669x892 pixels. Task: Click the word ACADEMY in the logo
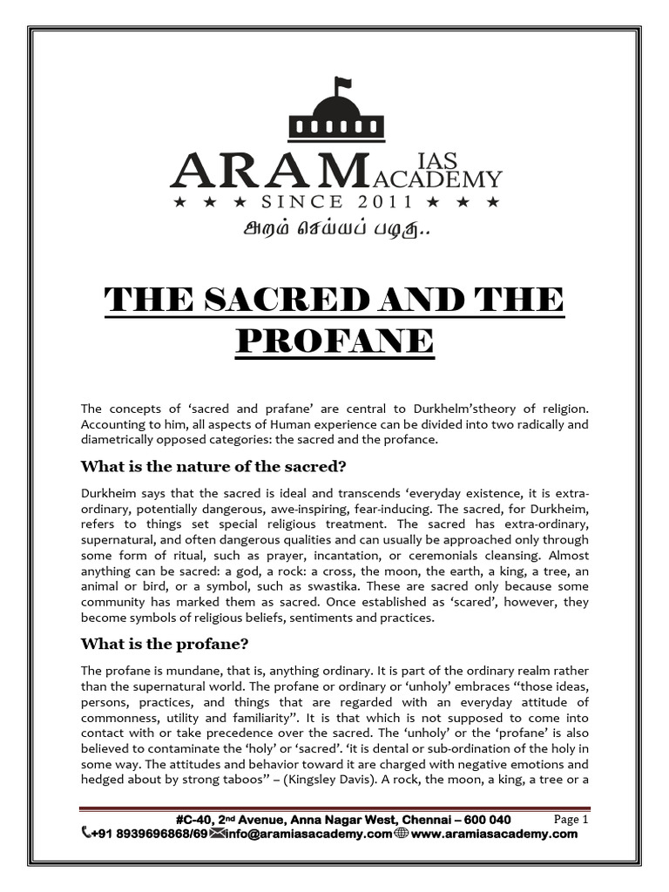pyautogui.click(x=448, y=179)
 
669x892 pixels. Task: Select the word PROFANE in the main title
pyautogui.click(x=334, y=339)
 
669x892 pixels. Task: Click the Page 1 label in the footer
pyautogui.click(x=571, y=820)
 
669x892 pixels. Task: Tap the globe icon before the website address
pyautogui.click(x=402, y=834)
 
